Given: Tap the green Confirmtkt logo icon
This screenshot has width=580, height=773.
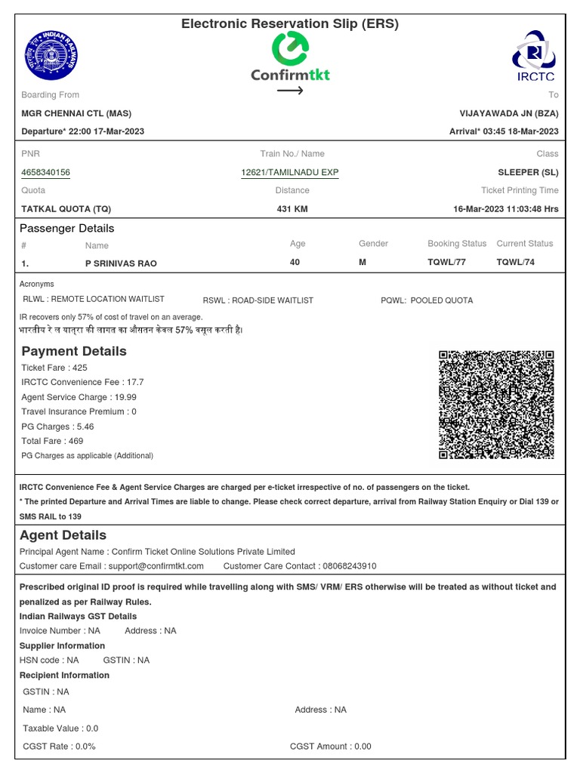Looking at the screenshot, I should coord(289,50).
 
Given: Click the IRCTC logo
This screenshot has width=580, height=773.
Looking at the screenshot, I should coord(535,55).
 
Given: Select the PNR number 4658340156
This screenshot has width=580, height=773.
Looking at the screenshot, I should coord(45,173).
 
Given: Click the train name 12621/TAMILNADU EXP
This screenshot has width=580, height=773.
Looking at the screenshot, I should coord(289,173).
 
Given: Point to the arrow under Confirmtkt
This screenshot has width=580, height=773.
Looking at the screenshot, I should coord(289,91).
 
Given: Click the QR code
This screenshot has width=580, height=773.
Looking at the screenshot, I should coord(496,405).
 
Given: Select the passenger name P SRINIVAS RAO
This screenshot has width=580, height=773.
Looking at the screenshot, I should coord(121,263).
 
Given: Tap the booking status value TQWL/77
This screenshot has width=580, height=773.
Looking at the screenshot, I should coord(446,263).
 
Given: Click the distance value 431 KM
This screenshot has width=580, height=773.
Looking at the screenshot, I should coord(292,209).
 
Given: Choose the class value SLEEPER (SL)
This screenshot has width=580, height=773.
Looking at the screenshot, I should coord(528,173).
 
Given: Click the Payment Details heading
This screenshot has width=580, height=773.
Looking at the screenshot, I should coord(74,351).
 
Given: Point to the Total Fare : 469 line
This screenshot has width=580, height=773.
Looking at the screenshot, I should coord(52,441).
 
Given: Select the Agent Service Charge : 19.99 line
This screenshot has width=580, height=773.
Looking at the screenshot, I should coord(79,397).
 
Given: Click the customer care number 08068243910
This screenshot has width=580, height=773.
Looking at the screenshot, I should coord(347,566).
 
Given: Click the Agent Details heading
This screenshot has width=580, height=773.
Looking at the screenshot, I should coord(63,535).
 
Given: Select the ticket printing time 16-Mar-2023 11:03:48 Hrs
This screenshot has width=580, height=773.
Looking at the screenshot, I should coord(506,209).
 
